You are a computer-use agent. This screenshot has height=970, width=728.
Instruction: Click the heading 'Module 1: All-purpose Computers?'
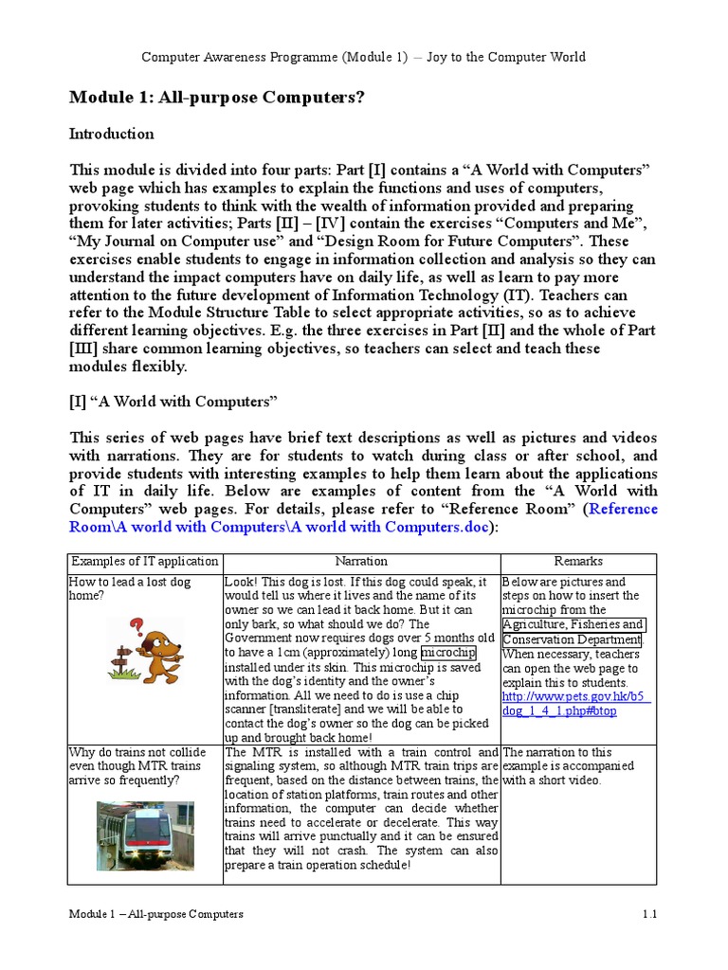click(216, 99)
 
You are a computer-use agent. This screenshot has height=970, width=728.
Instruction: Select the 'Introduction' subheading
click(112, 134)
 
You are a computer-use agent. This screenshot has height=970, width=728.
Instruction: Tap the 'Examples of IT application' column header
click(145, 562)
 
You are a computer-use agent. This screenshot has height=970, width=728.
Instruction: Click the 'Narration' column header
click(361, 562)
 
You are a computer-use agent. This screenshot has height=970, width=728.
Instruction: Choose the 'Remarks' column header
click(578, 562)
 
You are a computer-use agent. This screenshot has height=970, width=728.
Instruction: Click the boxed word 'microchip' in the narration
click(448, 654)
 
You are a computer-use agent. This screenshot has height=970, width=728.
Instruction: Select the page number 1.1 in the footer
click(649, 914)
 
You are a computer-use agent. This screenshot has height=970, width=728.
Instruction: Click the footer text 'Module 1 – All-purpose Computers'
click(156, 914)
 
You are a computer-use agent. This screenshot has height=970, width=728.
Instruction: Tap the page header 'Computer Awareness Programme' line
click(363, 57)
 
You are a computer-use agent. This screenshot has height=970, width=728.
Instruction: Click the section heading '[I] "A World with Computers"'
click(173, 402)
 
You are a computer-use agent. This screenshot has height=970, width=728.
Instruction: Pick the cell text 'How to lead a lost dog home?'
click(129, 589)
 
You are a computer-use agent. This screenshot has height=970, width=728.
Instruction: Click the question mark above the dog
click(137, 625)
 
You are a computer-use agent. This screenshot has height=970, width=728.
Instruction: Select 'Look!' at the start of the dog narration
click(242, 582)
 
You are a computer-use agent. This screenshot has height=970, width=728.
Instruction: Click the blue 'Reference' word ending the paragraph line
click(624, 509)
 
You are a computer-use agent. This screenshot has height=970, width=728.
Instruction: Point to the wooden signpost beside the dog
click(123, 656)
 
